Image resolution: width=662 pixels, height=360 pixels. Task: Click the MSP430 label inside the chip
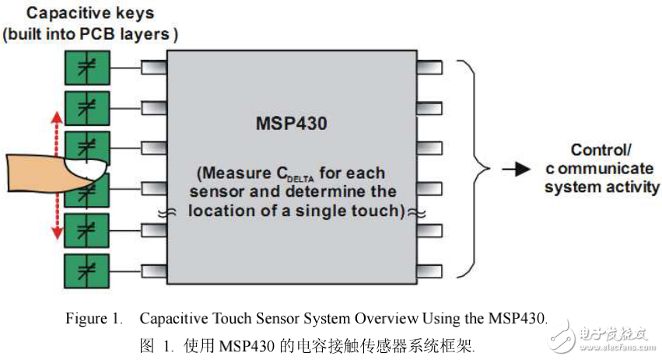tap(292, 124)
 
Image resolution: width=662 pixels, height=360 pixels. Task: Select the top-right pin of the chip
tap(429, 68)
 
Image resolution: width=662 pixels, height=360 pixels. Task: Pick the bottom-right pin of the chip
tap(429, 270)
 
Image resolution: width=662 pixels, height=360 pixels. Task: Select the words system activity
tap(601, 187)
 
